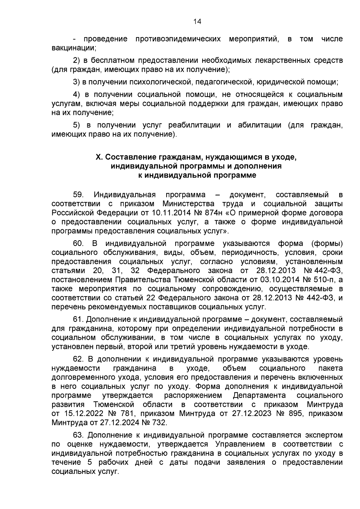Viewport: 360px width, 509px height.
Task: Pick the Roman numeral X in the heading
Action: pyautogui.click(x=97, y=157)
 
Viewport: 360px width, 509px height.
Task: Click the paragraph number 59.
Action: pyautogui.click(x=78, y=195)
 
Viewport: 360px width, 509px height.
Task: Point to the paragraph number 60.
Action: pyautogui.click(x=78, y=243)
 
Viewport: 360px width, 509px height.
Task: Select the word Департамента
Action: pyautogui.click(x=259, y=395)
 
